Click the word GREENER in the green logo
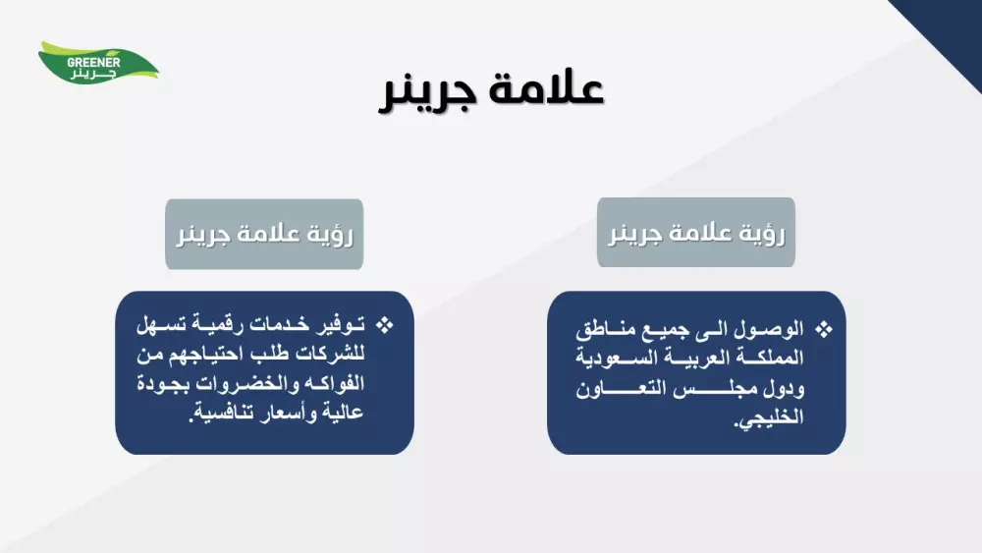(93, 63)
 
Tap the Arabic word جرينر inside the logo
(93, 74)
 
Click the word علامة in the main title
(546, 89)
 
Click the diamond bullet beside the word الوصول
(824, 329)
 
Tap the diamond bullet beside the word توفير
(385, 325)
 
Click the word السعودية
(608, 358)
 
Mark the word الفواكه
(329, 383)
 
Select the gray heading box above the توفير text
(264, 234)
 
